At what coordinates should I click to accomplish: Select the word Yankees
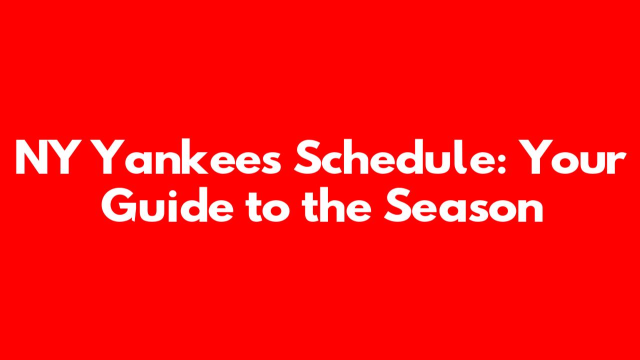coord(189,156)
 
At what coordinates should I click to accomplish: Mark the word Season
coord(463,204)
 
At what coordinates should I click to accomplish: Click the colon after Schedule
coord(502,162)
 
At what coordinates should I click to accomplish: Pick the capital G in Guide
coord(119,205)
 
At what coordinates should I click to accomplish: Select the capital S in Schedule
coord(307,156)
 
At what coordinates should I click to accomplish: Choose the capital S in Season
coord(397,205)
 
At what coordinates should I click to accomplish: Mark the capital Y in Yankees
coord(110,156)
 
